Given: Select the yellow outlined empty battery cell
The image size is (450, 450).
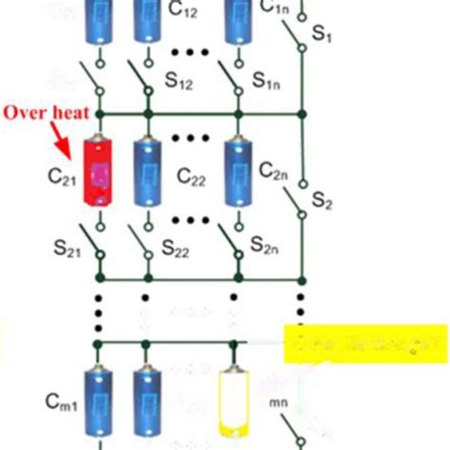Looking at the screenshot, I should point(234,403).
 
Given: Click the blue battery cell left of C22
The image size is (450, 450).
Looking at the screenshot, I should point(146,172).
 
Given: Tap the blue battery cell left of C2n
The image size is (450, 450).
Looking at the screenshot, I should point(236,172).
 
